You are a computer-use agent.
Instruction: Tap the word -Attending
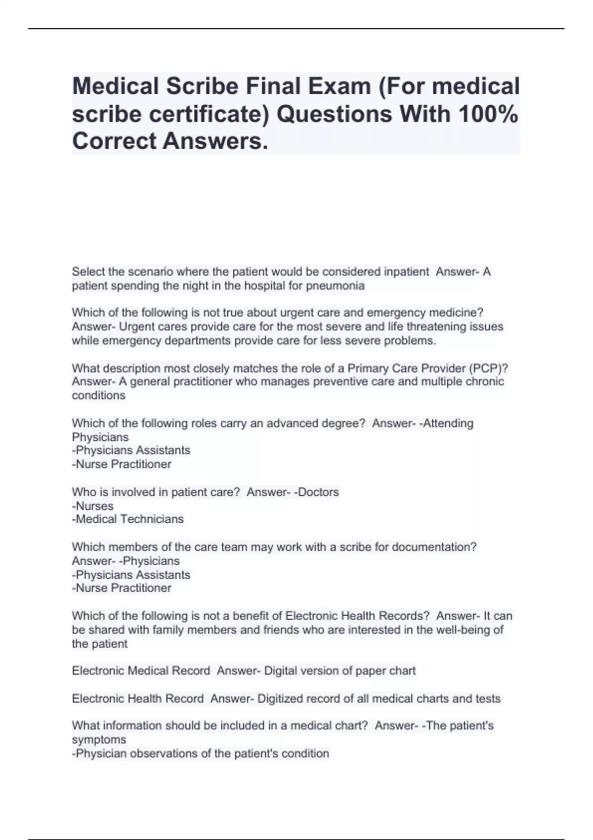[446, 423]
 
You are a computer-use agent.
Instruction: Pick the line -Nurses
[92, 506]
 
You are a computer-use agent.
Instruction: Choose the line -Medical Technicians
[127, 519]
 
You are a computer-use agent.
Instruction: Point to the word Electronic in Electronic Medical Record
[97, 671]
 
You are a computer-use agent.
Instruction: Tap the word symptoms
[99, 740]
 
